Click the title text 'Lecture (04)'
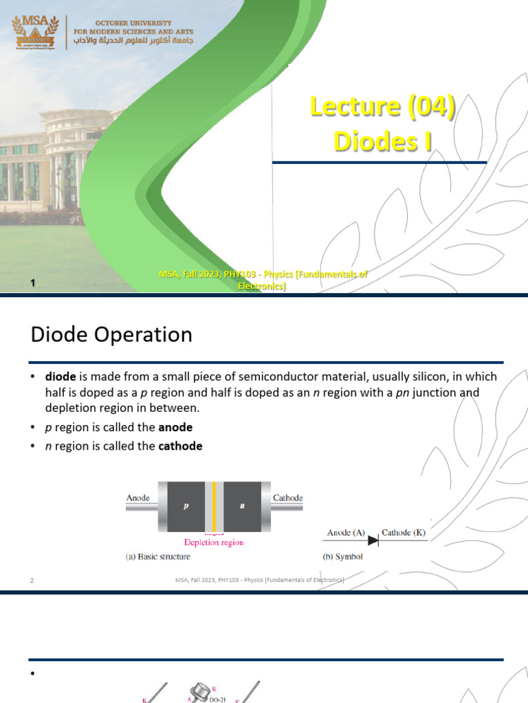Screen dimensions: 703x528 [383, 107]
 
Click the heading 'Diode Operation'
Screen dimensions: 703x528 [111, 335]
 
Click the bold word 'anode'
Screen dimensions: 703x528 [175, 427]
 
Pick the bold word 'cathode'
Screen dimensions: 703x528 [180, 446]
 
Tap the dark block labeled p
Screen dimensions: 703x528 [186, 506]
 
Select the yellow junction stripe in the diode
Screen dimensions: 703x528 [214, 507]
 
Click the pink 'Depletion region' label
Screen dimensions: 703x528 [213, 542]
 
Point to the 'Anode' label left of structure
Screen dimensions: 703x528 [138, 498]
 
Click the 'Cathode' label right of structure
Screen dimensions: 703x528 [288, 498]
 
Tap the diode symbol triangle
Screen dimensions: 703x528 [373, 541]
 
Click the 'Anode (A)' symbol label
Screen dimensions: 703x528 [346, 532]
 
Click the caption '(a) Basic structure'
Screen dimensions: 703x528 [158, 557]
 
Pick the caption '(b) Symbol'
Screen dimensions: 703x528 [342, 557]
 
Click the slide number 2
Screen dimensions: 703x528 [32, 581]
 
